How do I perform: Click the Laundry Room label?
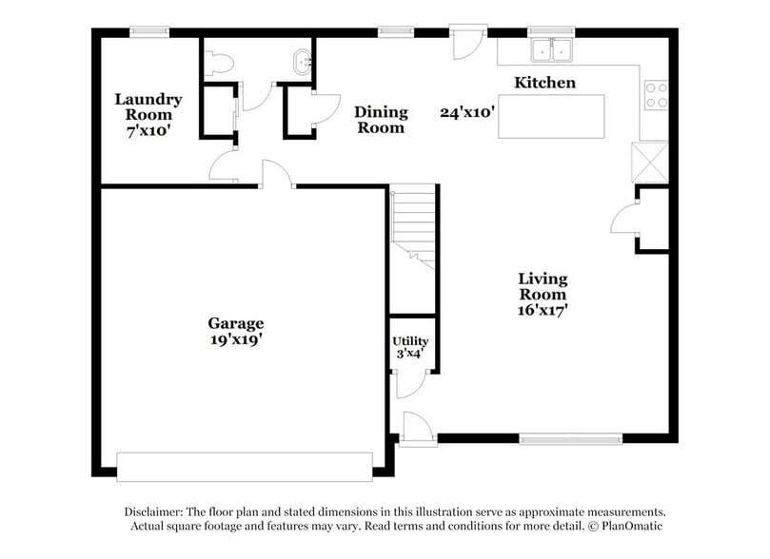148,106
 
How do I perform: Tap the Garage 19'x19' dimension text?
236,339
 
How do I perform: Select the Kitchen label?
544,83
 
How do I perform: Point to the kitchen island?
551,116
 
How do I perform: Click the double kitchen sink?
553,49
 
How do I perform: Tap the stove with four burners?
656,93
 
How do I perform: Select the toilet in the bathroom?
219,63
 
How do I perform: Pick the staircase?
414,228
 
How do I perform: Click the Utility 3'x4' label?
410,347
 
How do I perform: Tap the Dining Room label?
381,120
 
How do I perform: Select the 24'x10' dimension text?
467,112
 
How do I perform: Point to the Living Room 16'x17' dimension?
543,309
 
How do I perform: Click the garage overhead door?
245,466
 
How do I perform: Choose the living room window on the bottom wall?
570,439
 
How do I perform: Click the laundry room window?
149,32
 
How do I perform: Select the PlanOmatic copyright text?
624,526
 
